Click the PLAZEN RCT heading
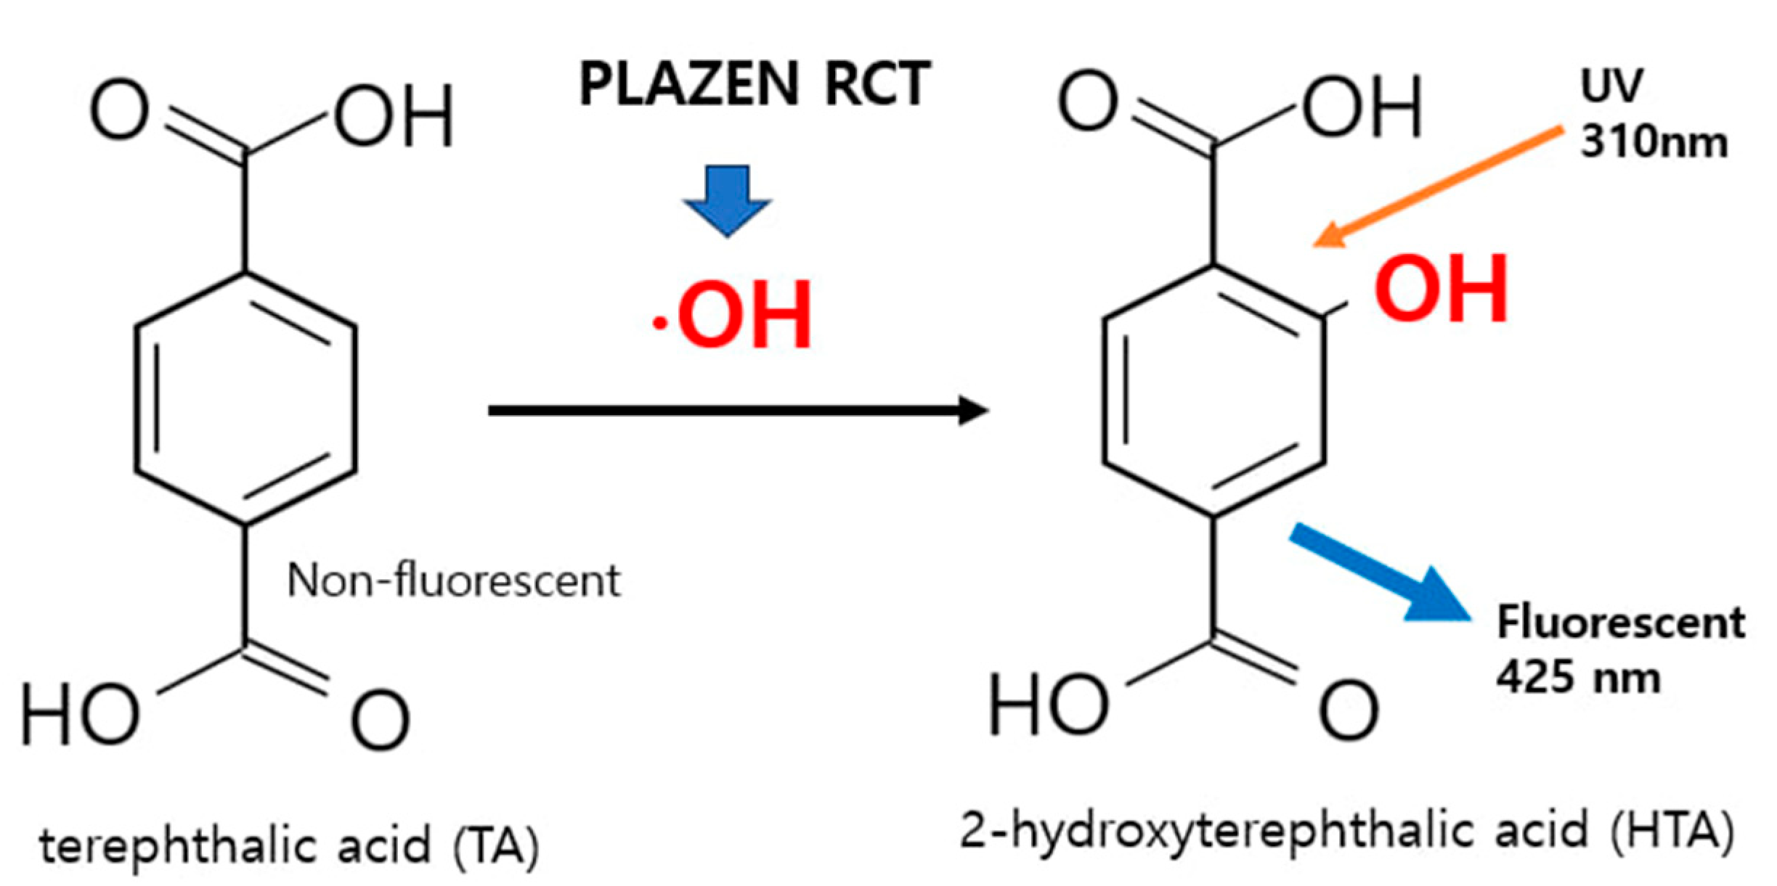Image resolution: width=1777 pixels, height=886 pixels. point(755,84)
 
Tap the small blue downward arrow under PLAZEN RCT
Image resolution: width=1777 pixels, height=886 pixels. point(727,200)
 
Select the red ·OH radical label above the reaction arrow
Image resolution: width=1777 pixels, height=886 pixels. point(733,315)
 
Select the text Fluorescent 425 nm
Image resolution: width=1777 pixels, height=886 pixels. point(1619,649)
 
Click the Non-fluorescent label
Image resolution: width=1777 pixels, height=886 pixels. point(454,580)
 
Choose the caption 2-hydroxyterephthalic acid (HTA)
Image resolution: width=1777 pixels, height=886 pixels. point(1347,831)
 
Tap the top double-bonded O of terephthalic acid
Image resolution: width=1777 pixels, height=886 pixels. point(119,112)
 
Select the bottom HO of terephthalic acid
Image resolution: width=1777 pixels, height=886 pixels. point(80,715)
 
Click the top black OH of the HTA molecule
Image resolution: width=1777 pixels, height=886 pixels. point(1362,107)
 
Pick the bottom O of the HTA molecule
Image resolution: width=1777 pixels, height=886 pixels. point(1349,710)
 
